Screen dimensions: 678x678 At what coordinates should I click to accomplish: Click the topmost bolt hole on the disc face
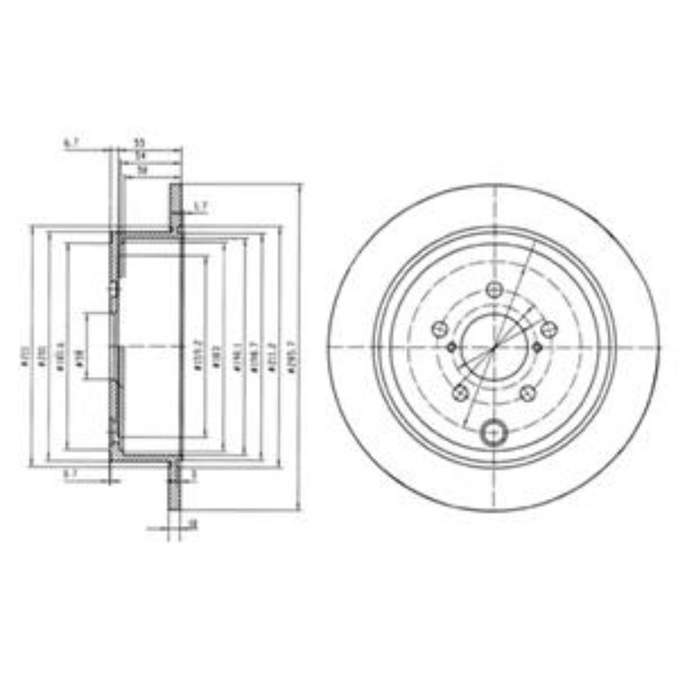[495, 289]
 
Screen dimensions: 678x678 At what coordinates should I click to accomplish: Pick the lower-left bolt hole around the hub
[461, 392]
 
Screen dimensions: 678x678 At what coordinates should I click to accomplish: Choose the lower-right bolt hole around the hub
[528, 392]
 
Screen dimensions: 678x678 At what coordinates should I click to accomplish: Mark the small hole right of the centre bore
[539, 347]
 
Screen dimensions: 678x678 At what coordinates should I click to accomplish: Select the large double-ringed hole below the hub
[495, 432]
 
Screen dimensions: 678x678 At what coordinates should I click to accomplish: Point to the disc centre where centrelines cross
[495, 346]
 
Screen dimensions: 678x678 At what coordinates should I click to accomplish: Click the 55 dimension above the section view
[139, 142]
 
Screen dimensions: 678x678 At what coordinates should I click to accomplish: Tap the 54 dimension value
[139, 155]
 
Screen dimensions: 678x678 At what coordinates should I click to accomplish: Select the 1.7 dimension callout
[200, 205]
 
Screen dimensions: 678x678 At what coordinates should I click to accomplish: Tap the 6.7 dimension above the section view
[70, 142]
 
